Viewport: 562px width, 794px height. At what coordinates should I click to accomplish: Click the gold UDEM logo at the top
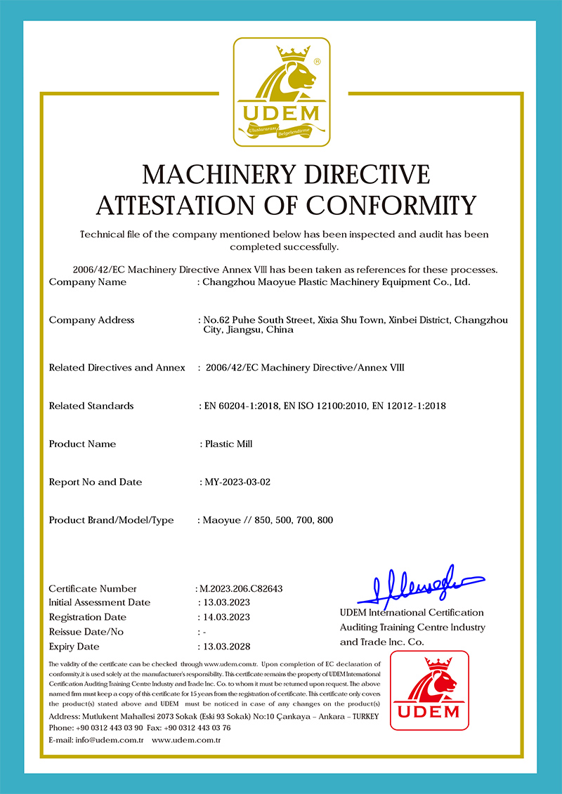[281, 92]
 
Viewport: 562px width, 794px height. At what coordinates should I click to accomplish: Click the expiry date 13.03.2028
[226, 646]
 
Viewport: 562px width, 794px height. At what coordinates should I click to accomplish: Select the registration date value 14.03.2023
[226, 617]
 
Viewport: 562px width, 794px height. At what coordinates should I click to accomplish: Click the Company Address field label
[91, 320]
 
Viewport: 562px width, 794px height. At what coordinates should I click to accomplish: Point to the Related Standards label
[91, 406]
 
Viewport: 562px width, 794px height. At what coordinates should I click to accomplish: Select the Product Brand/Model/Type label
[111, 520]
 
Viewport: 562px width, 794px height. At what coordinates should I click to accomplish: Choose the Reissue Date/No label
[86, 632]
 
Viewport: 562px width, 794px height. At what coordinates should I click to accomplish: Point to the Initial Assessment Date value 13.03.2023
[226, 602]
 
